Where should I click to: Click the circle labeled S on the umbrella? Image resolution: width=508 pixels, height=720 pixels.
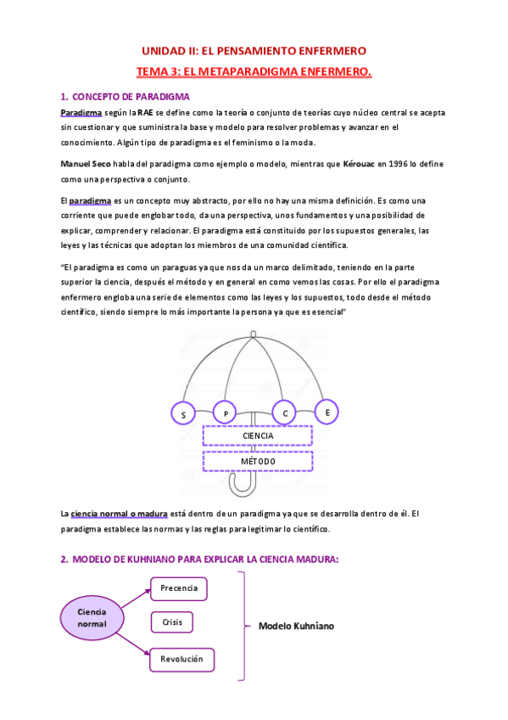(x=182, y=414)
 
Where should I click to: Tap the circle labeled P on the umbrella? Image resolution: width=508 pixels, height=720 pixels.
(x=225, y=413)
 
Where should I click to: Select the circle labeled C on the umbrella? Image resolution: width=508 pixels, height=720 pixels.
(x=285, y=413)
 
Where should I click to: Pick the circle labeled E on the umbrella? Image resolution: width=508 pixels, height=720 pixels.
(x=327, y=412)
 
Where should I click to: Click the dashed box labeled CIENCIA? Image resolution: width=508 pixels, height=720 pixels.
(x=258, y=436)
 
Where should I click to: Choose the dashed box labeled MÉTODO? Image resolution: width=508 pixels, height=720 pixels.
(x=258, y=461)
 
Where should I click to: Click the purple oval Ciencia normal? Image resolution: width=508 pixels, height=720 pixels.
(x=92, y=617)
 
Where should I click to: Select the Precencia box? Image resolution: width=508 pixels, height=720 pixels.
(x=179, y=588)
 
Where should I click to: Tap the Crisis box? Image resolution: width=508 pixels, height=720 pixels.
(x=172, y=622)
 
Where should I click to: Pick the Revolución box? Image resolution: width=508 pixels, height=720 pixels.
(x=182, y=658)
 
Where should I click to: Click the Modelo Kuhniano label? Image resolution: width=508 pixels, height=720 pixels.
(x=296, y=626)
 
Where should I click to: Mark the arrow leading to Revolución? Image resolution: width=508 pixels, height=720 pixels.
(x=136, y=643)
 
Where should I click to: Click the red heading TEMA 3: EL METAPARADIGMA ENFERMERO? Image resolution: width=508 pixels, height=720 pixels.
(x=254, y=72)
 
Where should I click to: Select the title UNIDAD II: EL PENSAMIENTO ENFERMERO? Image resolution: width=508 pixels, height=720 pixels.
(x=254, y=51)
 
